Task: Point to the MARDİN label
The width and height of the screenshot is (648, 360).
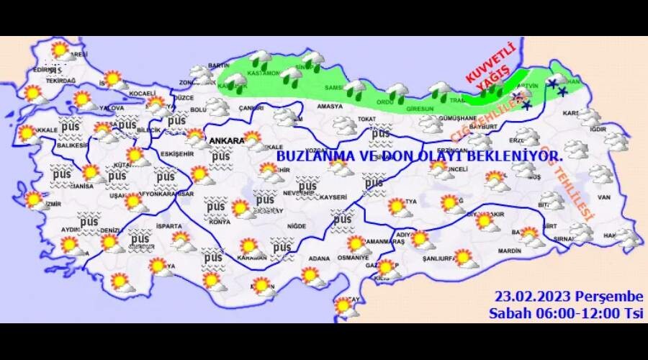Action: coord(508,251)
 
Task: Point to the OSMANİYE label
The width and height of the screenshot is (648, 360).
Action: coord(353,257)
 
